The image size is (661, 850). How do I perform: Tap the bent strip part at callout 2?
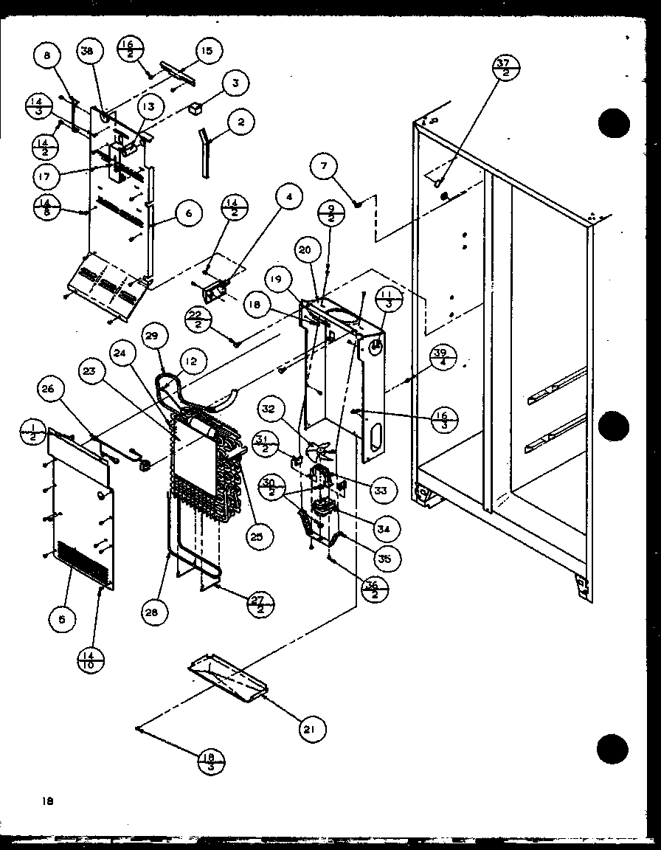coord(203,151)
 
